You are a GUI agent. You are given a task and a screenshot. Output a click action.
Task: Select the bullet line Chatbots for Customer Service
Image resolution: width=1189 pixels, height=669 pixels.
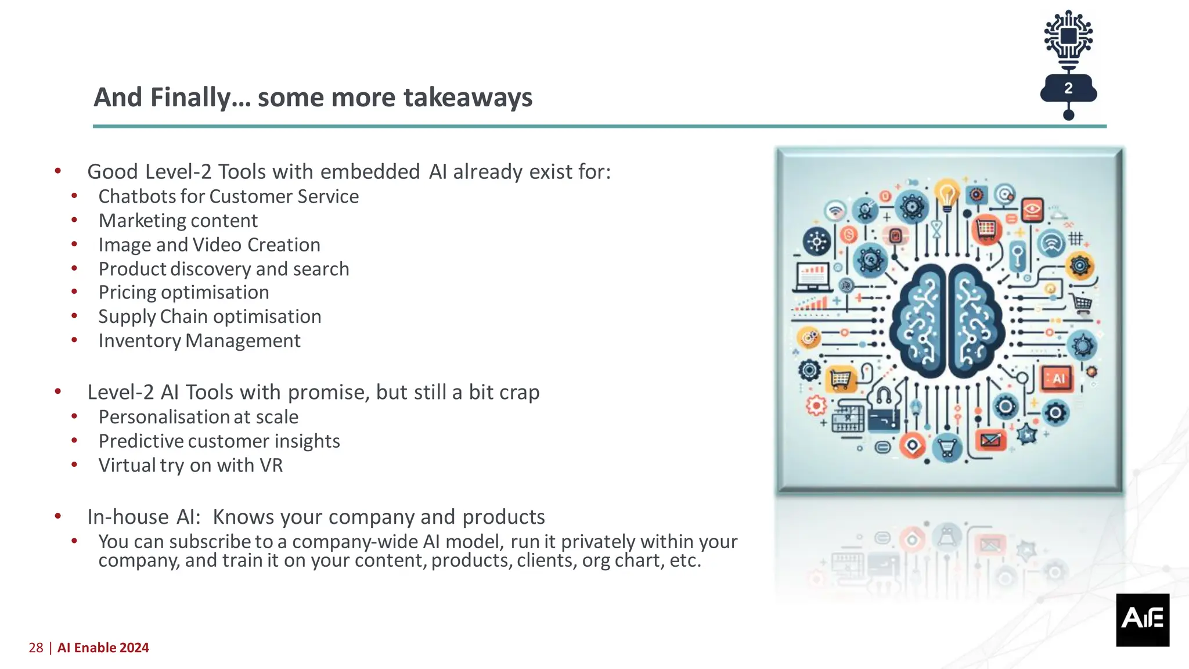(x=228, y=197)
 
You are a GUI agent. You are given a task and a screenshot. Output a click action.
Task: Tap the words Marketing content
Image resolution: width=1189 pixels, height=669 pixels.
(x=178, y=221)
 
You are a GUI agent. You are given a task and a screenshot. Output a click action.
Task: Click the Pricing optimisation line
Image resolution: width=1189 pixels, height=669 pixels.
(x=183, y=293)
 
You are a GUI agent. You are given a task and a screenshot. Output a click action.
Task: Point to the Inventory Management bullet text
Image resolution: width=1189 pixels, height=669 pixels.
(x=199, y=341)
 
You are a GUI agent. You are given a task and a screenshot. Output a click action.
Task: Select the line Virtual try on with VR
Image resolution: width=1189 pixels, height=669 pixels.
(x=190, y=466)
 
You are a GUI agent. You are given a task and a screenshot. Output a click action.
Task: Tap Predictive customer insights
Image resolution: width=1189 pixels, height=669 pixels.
(x=219, y=441)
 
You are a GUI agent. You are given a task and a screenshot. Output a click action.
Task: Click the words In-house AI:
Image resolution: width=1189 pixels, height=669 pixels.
(x=143, y=517)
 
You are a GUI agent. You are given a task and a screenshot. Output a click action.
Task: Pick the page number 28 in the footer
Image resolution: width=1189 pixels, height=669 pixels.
(x=35, y=648)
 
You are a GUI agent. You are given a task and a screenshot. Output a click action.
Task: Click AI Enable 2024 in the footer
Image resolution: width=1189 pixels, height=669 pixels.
(x=103, y=648)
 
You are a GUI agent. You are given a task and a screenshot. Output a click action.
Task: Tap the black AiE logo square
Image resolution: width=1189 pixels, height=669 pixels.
(x=1142, y=620)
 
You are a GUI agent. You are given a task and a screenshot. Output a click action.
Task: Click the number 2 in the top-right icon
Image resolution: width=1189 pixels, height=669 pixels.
(x=1068, y=88)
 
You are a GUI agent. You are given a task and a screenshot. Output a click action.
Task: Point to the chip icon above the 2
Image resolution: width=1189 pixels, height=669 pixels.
(x=1068, y=37)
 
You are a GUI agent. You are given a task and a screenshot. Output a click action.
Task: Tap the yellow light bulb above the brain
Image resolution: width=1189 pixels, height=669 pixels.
(x=947, y=195)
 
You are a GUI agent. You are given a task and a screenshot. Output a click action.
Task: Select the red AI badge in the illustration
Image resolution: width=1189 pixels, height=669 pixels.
(x=1057, y=379)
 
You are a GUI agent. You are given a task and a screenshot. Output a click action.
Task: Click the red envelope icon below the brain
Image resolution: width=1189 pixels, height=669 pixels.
(x=990, y=440)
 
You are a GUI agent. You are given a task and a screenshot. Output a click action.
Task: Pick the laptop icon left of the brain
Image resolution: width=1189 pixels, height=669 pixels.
(x=813, y=278)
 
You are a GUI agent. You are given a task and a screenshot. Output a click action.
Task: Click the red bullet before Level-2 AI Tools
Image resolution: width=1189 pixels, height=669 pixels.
(x=58, y=392)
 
